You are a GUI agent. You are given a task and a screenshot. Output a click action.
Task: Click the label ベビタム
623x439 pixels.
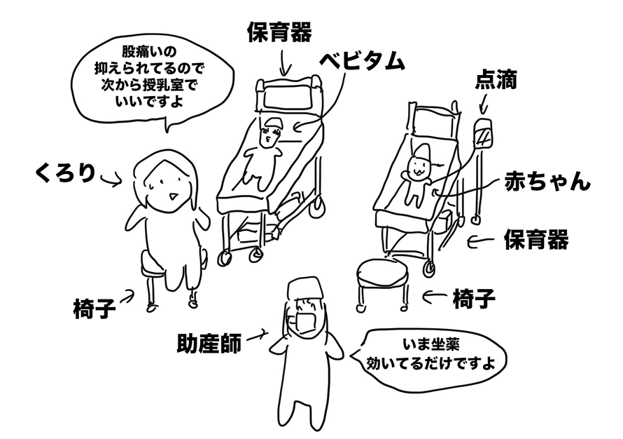[362, 62]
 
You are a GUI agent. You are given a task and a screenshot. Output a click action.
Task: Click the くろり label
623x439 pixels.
[65, 173]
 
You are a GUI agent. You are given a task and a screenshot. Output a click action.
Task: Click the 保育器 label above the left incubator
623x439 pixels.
[279, 31]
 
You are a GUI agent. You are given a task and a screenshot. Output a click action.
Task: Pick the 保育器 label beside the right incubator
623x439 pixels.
[535, 240]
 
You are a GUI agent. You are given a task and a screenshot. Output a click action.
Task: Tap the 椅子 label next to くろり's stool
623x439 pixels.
[94, 309]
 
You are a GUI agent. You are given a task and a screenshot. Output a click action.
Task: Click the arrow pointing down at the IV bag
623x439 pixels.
[483, 105]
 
